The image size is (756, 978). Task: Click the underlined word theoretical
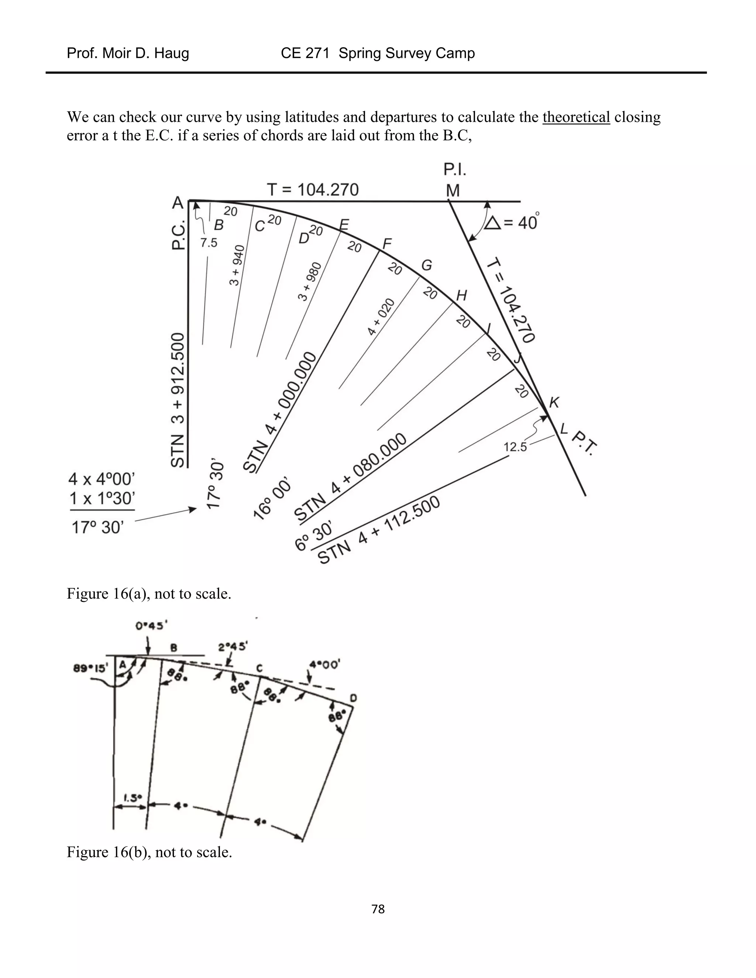pyautogui.click(x=576, y=117)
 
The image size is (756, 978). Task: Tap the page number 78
pyautogui.click(x=378, y=909)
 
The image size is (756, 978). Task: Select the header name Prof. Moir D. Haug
pyautogui.click(x=128, y=53)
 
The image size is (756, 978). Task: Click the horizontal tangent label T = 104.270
pyautogui.click(x=313, y=189)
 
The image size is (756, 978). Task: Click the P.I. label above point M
pyautogui.click(x=454, y=170)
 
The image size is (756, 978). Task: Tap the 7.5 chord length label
pyautogui.click(x=208, y=243)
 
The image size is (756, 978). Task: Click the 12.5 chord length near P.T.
pyautogui.click(x=515, y=447)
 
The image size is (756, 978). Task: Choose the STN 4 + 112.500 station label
pyautogui.click(x=379, y=530)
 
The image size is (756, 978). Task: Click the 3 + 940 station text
pyautogui.click(x=237, y=265)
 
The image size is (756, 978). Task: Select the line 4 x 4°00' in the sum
pyautogui.click(x=102, y=479)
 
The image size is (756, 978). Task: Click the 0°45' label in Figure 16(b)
pyautogui.click(x=151, y=626)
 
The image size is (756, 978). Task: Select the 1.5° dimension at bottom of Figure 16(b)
pyautogui.click(x=132, y=798)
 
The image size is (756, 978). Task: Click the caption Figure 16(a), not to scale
pyautogui.click(x=149, y=594)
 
